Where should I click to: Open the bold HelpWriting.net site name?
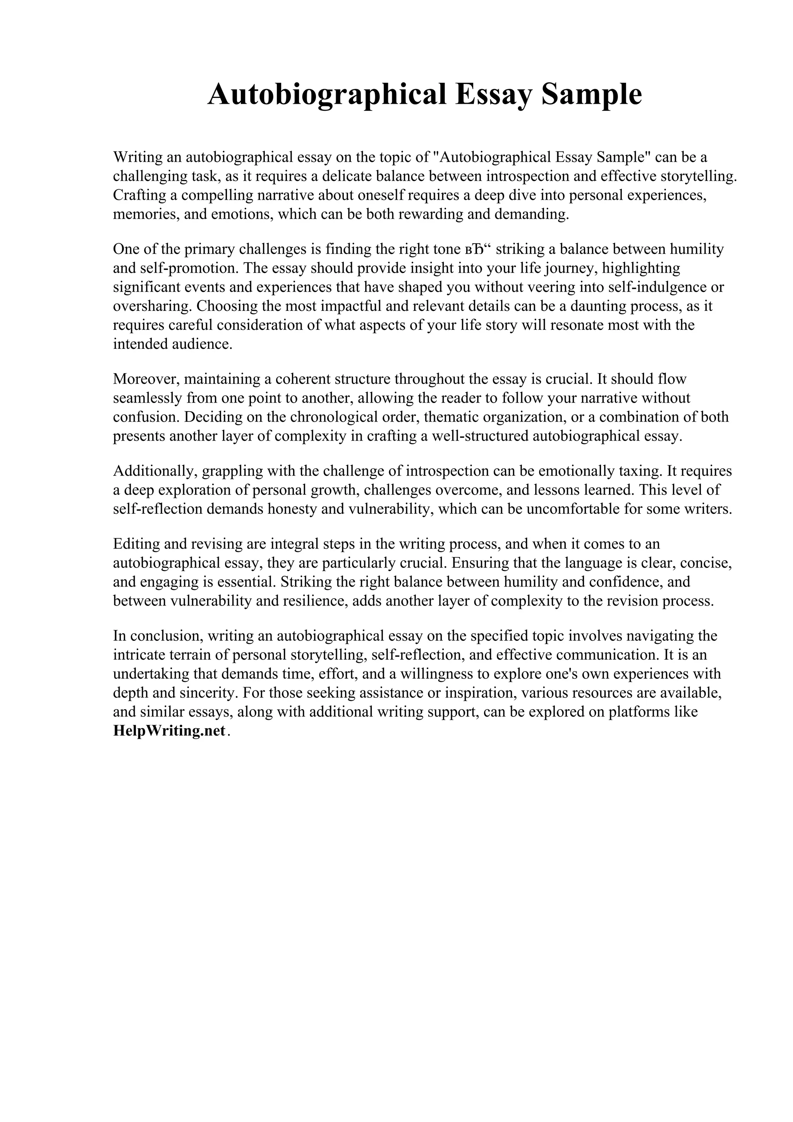tap(169, 731)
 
